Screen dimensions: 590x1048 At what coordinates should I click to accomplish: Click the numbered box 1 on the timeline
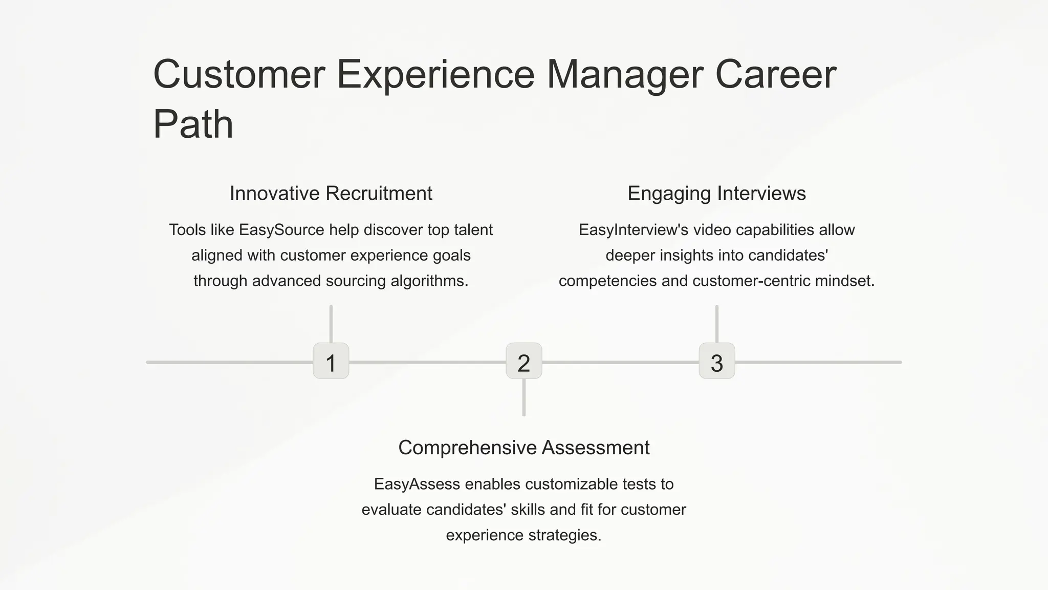point(331,361)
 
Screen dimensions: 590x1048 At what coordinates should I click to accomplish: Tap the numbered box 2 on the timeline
point(523,361)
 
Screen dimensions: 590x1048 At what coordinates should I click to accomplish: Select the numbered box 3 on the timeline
point(716,361)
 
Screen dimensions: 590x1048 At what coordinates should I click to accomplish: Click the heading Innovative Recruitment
point(331,194)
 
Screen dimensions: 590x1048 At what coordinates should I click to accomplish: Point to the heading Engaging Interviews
point(716,194)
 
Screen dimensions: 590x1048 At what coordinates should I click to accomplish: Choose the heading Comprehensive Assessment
point(523,448)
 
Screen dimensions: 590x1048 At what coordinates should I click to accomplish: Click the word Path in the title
point(193,124)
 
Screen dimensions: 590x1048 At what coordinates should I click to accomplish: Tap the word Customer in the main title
point(239,75)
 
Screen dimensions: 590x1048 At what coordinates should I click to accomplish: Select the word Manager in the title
point(625,75)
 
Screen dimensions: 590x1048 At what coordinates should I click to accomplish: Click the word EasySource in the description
point(281,230)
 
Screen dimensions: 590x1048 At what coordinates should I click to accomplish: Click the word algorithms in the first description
point(429,281)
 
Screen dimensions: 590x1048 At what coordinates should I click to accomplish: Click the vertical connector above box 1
point(331,324)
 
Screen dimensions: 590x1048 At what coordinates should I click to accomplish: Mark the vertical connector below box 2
point(523,397)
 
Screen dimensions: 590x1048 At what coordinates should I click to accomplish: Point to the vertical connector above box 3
point(716,324)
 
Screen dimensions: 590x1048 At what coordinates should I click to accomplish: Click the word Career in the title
point(775,75)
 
